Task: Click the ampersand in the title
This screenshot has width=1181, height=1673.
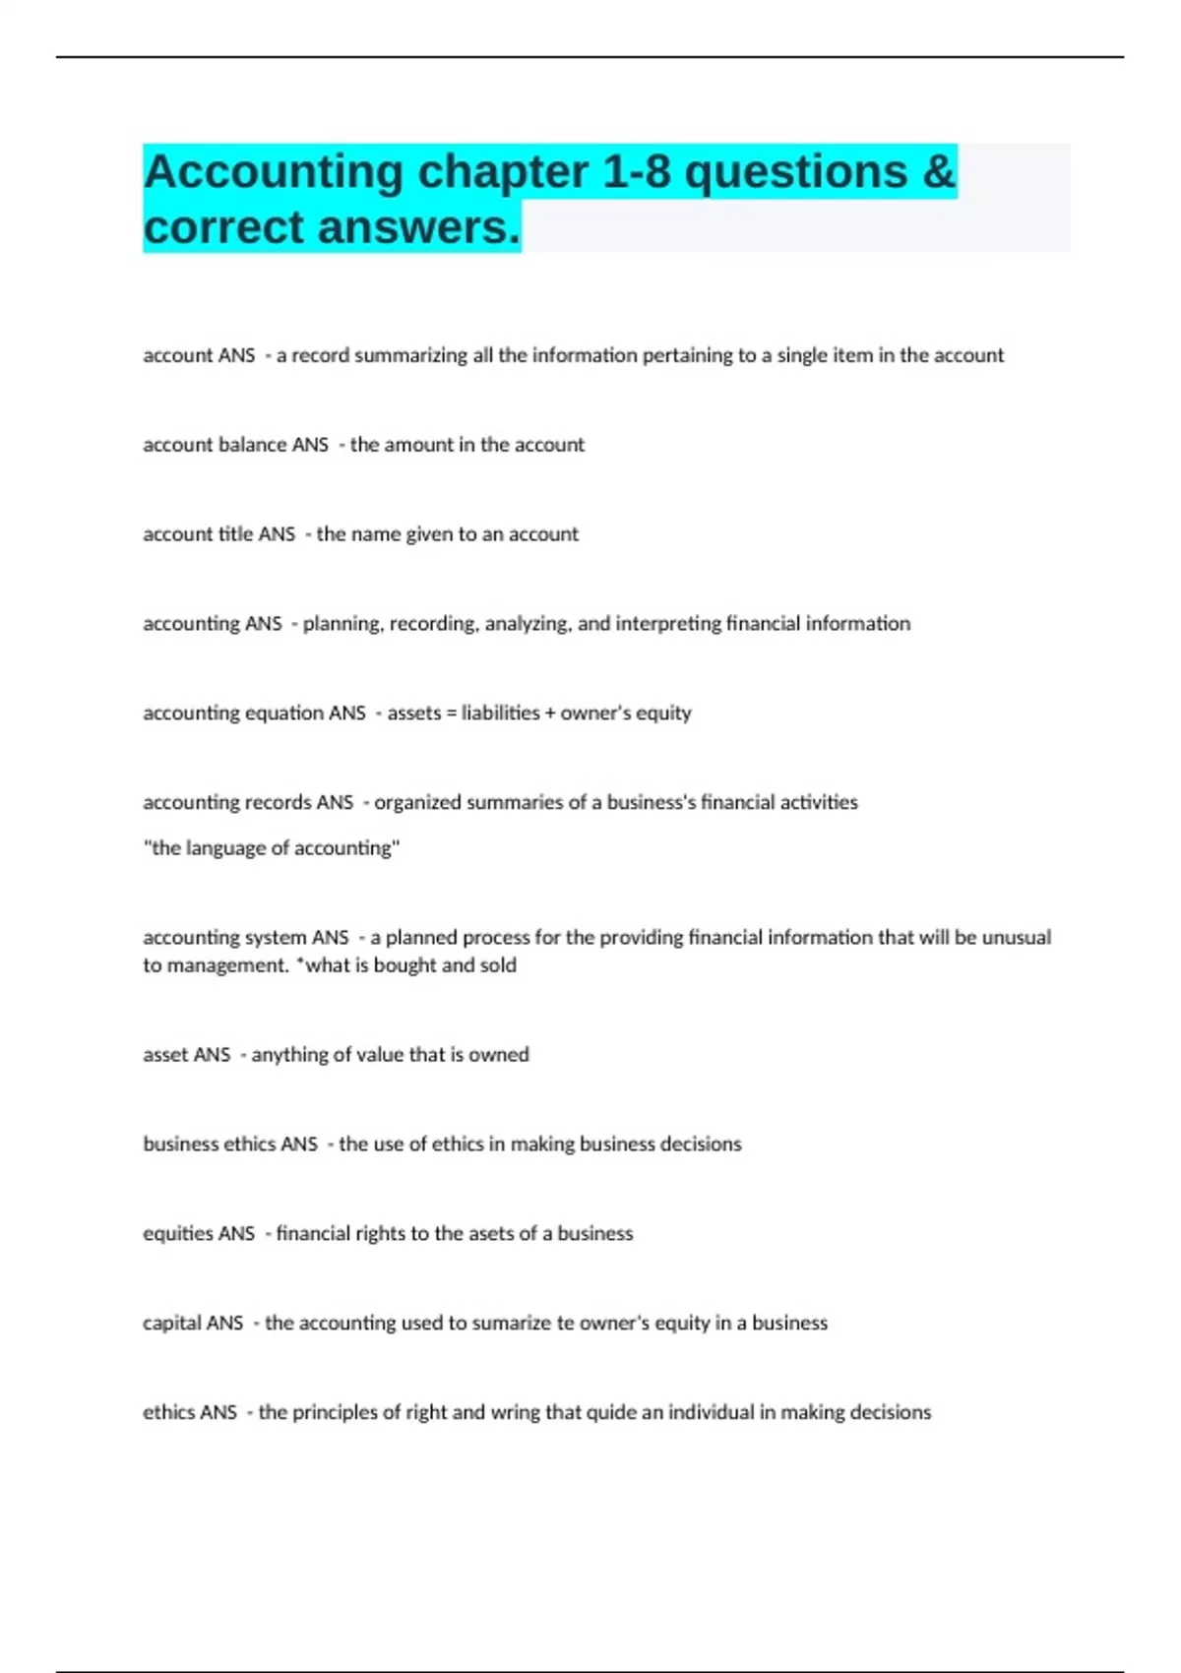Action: pos(939,172)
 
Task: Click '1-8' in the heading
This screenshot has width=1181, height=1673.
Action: pos(636,172)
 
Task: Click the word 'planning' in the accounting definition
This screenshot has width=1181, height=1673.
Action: pos(341,624)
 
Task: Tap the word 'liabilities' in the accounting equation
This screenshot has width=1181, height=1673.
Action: pos(500,713)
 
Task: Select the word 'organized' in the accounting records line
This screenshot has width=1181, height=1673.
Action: pos(417,803)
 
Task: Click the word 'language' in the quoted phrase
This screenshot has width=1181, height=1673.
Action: pos(226,848)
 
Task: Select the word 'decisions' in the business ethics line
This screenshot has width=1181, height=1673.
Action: pos(701,1145)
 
